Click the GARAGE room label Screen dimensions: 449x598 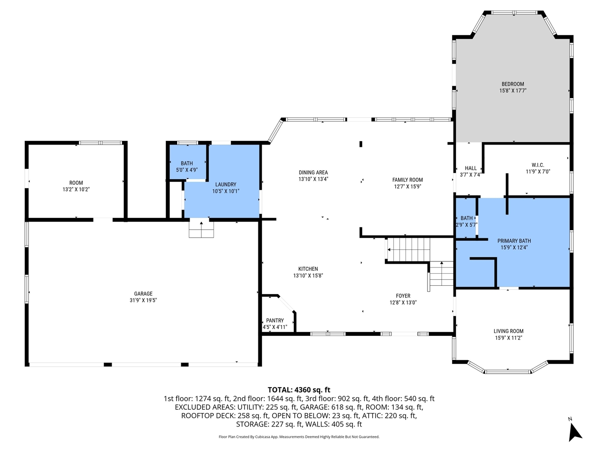(143, 294)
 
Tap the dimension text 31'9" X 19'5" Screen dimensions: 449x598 (143, 300)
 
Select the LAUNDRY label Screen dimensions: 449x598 (226, 184)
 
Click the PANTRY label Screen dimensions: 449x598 (275, 320)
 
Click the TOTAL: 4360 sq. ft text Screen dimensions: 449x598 (299, 390)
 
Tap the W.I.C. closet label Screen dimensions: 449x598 (538, 165)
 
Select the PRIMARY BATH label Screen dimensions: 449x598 (514, 241)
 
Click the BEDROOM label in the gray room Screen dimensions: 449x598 (513, 84)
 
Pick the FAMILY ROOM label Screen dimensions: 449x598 (407, 180)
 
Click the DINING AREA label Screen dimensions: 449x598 (313, 173)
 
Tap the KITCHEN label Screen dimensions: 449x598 (308, 269)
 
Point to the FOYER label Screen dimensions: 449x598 (403, 296)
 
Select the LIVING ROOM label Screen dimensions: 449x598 (508, 331)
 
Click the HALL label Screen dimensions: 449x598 (470, 168)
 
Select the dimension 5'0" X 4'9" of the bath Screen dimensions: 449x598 (186, 170)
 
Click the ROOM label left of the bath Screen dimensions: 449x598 (76, 183)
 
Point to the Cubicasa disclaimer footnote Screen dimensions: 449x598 (299, 437)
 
